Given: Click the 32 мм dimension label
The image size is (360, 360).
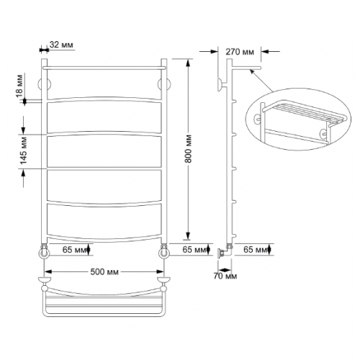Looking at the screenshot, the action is (61, 45).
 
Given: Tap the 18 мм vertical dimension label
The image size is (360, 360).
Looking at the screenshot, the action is (19, 86).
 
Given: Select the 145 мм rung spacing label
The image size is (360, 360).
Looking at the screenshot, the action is (24, 150).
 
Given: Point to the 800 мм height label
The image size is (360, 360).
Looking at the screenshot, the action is (189, 149).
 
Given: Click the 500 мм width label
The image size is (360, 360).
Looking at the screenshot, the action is (104, 271).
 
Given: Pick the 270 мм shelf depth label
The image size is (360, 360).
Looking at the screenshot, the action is (240, 52).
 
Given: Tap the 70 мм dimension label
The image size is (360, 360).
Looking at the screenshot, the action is (225, 276).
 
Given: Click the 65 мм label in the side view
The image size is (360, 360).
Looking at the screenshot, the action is (255, 250).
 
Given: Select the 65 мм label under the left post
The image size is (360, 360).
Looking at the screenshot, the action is (74, 250).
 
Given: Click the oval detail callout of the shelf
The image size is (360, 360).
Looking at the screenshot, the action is (298, 120).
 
